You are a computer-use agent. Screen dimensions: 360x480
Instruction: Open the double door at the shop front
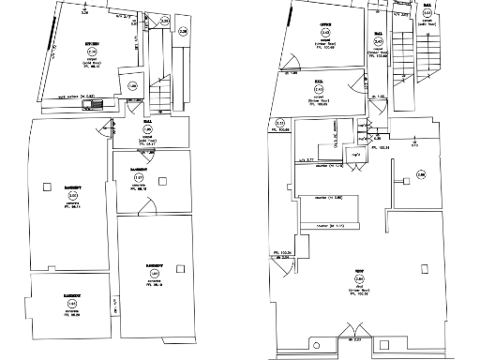tap(352, 340)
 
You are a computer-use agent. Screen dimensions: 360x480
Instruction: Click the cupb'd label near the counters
tap(356, 154)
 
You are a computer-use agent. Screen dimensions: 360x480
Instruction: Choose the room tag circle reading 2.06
tap(421, 174)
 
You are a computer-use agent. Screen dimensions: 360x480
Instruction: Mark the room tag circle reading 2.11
tap(279, 123)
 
